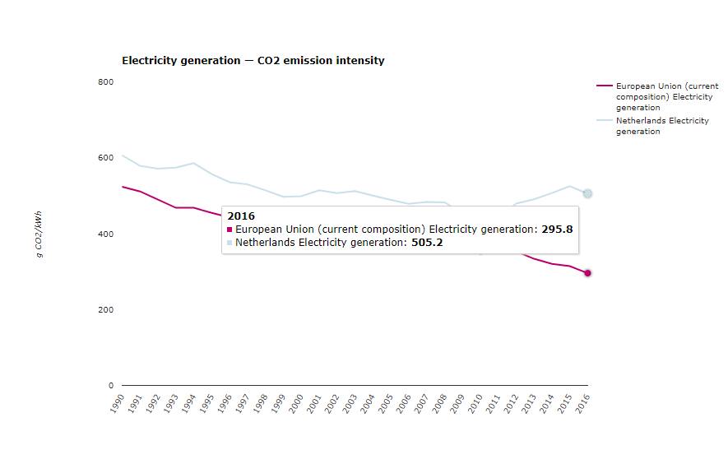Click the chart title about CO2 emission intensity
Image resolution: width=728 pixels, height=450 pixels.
253,61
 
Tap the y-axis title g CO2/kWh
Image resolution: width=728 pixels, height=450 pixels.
39,234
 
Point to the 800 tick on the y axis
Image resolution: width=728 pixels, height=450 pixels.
106,82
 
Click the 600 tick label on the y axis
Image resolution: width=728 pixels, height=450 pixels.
106,158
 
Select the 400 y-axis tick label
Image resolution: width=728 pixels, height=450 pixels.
106,234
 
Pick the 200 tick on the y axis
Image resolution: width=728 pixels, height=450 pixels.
106,310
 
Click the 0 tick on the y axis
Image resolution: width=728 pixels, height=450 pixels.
111,386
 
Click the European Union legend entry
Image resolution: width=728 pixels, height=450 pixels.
666,96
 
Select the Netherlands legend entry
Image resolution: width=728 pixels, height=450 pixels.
661,126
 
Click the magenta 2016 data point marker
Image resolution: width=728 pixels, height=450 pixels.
587,273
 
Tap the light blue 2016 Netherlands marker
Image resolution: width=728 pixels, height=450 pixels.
587,193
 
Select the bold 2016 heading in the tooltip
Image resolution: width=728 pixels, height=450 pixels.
241,216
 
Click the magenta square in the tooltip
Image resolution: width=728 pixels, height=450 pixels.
230,230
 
